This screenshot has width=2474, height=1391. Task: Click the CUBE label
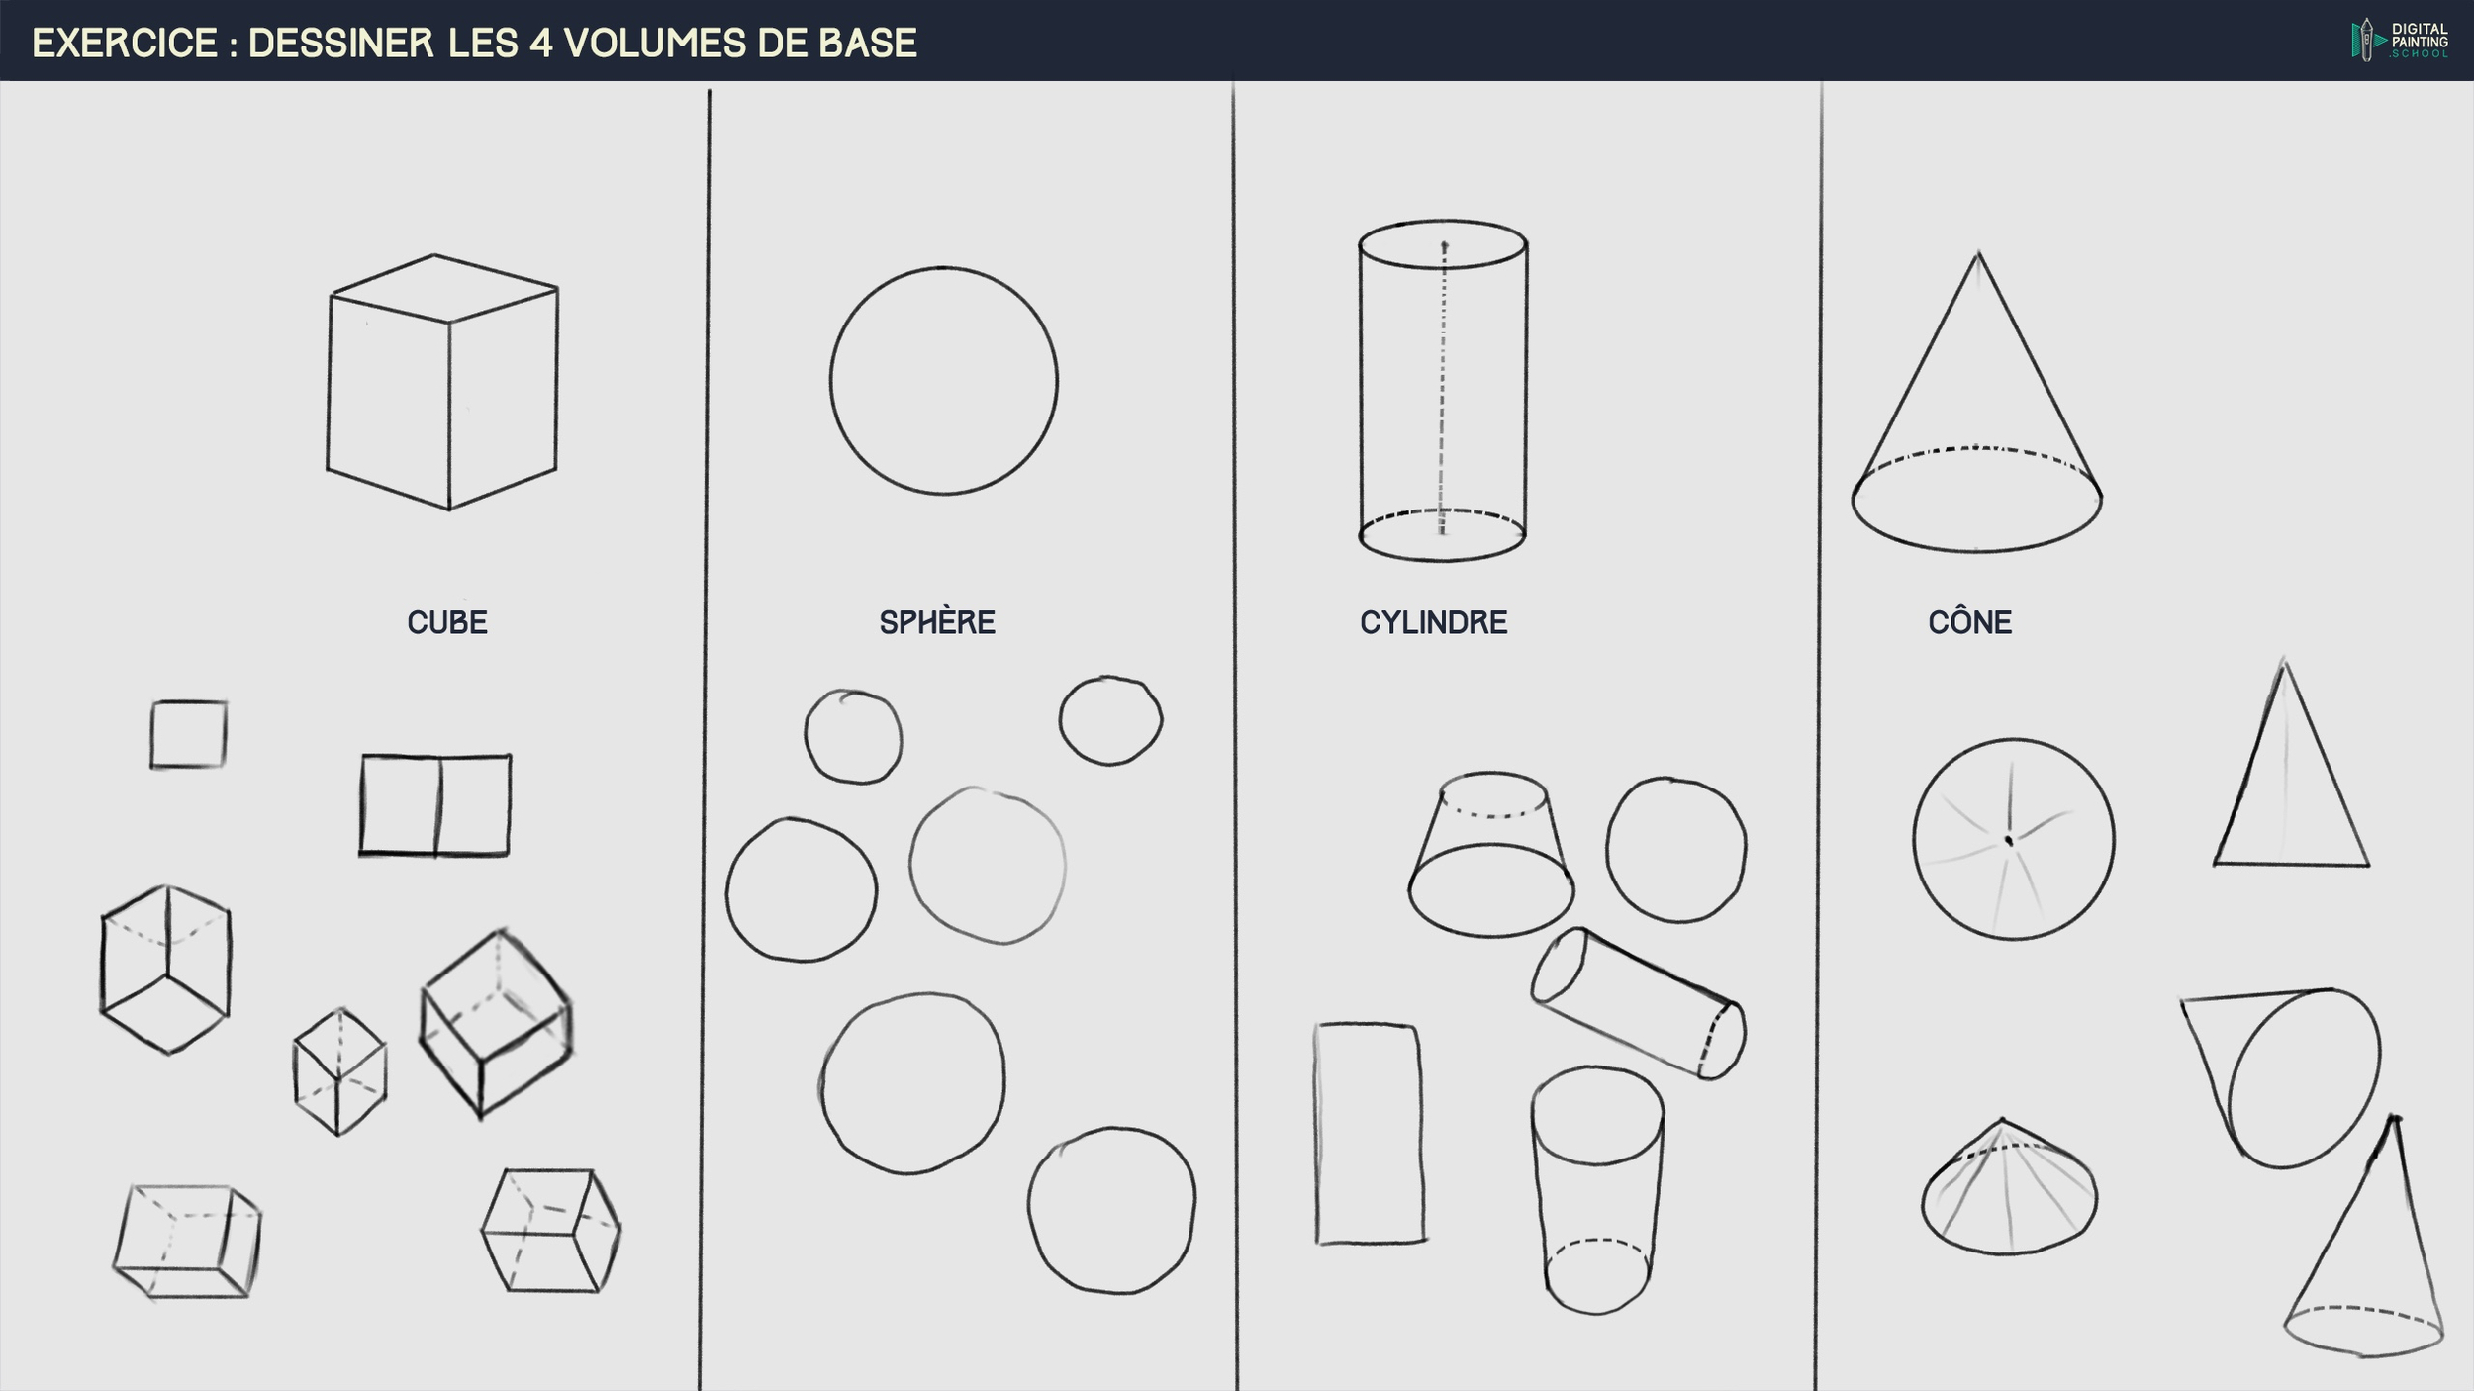point(446,622)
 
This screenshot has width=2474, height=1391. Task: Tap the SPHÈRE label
point(936,622)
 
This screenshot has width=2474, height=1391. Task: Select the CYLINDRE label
point(1432,622)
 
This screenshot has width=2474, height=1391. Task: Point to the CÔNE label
point(1968,622)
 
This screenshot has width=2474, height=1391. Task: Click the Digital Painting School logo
point(2399,41)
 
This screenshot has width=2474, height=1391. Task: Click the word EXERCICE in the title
point(125,44)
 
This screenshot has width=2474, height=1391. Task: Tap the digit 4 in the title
point(540,44)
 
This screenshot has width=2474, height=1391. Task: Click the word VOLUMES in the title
point(654,44)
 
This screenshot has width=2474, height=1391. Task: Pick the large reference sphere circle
point(943,381)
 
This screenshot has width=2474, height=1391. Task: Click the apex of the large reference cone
point(1977,255)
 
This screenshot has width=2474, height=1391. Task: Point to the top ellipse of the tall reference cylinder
point(1442,244)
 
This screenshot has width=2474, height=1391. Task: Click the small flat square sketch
point(188,734)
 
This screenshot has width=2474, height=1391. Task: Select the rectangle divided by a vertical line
point(435,804)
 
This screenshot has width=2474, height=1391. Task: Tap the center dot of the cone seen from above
point(2009,841)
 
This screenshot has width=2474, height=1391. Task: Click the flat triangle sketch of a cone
point(2290,782)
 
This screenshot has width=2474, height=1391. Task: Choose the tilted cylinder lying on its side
point(1638,1003)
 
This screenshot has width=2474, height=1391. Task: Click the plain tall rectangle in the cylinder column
point(1370,1133)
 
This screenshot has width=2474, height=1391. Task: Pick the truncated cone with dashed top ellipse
point(1491,856)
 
